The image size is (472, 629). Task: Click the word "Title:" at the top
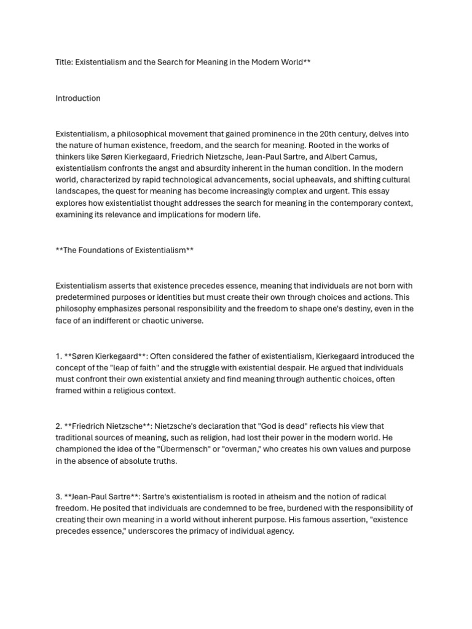tap(64, 63)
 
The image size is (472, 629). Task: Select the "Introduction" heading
tap(78, 98)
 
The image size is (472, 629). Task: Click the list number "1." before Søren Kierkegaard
tap(59, 356)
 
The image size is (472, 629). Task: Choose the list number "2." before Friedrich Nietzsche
tap(59, 426)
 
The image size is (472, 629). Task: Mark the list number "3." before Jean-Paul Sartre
tap(59, 496)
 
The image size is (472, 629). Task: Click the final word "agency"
tap(279, 531)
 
